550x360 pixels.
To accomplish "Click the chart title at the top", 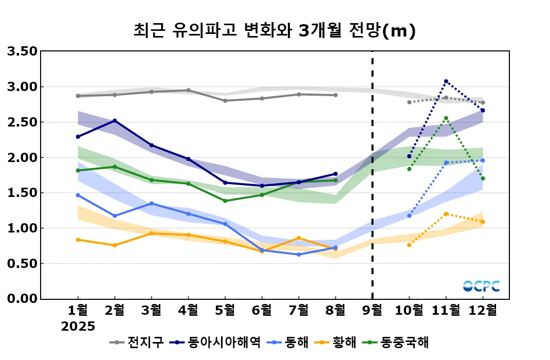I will [274, 31].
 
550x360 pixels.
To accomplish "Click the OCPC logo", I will [481, 286].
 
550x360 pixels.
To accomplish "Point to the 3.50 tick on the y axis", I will [22, 51].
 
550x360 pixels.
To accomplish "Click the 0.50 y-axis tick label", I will [22, 263].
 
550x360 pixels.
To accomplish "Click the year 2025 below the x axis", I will [78, 327].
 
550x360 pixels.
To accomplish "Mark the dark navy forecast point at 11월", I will [446, 81].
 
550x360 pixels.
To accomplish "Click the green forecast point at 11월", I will [446, 118].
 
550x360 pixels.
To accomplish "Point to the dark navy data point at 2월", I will [115, 121].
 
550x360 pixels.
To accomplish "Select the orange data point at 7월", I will [299, 238].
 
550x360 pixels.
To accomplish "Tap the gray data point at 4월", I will [188, 91].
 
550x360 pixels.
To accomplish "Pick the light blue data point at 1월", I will [78, 195].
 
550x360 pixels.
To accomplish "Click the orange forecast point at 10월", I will [409, 245].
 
